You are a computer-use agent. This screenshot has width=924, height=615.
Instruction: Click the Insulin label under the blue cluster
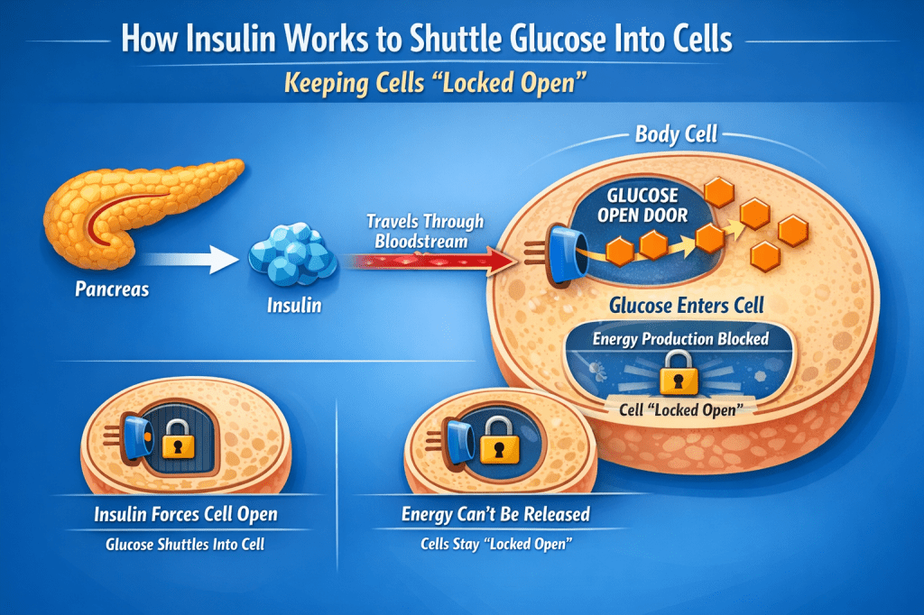click(x=294, y=306)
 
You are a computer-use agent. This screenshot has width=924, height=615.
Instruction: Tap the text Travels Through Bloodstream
click(x=425, y=231)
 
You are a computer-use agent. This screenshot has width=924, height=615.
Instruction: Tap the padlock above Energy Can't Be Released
click(x=494, y=443)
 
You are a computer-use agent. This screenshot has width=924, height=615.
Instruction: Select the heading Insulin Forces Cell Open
click(x=186, y=515)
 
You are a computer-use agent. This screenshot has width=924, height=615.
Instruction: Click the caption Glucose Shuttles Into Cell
click(x=186, y=545)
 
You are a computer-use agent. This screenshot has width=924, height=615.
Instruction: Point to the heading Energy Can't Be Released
click(x=495, y=515)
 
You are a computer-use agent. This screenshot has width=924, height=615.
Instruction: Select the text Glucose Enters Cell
click(x=687, y=305)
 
